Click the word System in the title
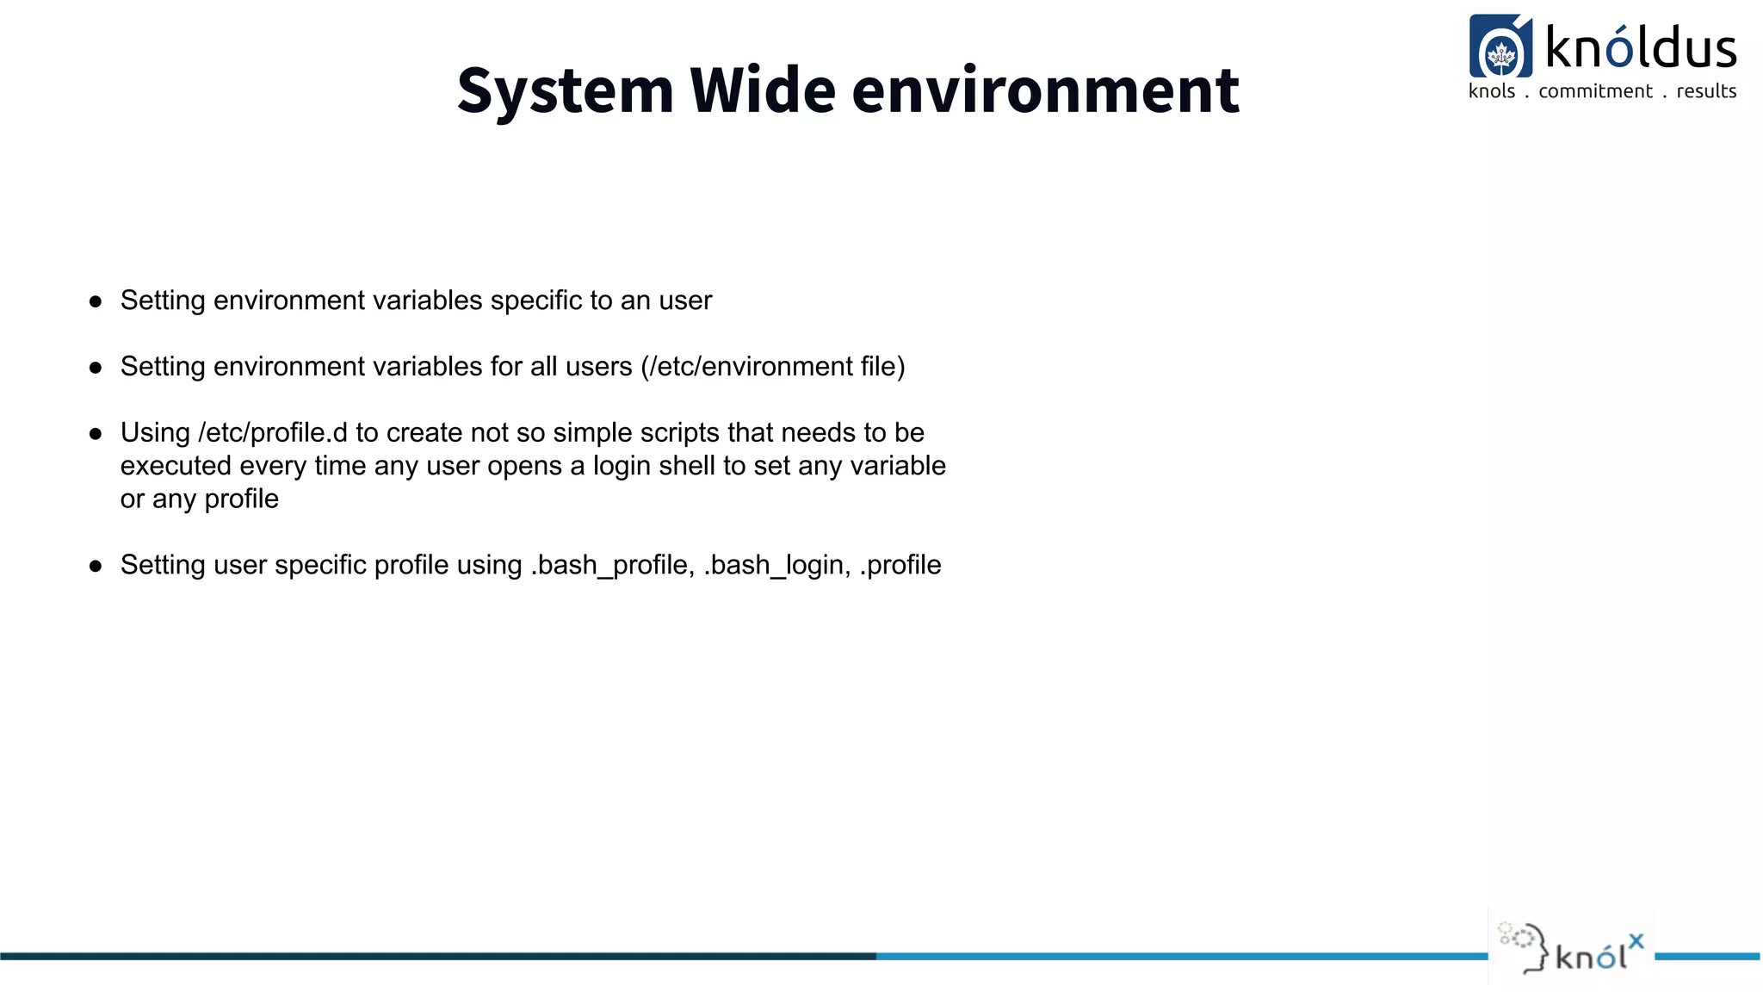[565, 91]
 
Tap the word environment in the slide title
[1045, 91]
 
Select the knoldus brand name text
[1641, 46]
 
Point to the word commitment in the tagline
[1595, 91]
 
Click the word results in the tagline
[1706, 91]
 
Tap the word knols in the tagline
[1491, 91]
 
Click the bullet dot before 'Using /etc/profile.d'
[96, 434]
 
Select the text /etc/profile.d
[273, 432]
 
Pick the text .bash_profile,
[612, 566]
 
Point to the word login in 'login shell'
[622, 466]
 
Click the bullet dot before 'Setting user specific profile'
[96, 567]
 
